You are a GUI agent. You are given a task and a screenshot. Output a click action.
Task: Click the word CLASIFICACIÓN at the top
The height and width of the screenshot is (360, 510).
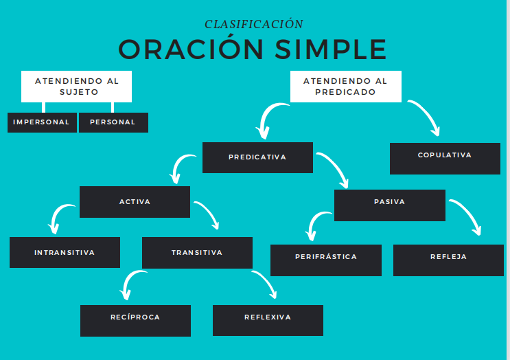pyautogui.click(x=254, y=24)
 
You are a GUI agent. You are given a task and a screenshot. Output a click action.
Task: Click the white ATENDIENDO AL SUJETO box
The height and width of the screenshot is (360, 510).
pyautogui.click(x=76, y=86)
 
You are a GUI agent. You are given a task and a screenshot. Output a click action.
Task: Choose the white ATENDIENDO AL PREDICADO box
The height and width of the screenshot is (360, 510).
pyautogui.click(x=345, y=86)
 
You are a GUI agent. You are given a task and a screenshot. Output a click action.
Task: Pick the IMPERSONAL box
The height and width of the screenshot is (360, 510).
pyautogui.click(x=42, y=122)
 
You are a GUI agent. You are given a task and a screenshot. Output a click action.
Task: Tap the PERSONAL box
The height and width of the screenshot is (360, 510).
pyautogui.click(x=113, y=122)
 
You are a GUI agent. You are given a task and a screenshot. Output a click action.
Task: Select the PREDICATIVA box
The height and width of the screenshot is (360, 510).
pyautogui.click(x=257, y=157)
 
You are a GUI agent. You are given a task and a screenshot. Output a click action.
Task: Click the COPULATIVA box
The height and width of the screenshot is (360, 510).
pyautogui.click(x=445, y=158)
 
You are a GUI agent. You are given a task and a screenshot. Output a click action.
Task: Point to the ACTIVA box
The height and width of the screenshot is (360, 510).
pyautogui.click(x=135, y=202)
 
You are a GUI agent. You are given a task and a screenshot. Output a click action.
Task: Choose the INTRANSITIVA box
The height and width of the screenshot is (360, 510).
pyautogui.click(x=65, y=252)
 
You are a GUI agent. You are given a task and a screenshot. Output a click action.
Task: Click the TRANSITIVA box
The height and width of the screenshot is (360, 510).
pyautogui.click(x=197, y=252)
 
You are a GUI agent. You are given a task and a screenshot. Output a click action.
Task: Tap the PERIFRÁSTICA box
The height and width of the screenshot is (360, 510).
pyautogui.click(x=326, y=260)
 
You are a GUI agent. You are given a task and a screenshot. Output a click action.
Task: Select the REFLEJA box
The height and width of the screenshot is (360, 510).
pyautogui.click(x=448, y=260)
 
